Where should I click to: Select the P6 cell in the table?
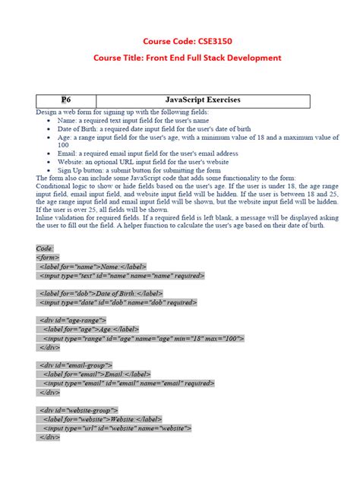click(x=65, y=100)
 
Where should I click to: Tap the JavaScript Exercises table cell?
click(x=202, y=100)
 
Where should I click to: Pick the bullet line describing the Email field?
click(x=147, y=153)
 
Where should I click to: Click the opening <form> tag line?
click(x=47, y=257)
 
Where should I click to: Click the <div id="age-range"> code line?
click(x=73, y=320)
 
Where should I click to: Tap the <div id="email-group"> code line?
click(x=76, y=365)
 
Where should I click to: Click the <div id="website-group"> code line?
click(x=79, y=410)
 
